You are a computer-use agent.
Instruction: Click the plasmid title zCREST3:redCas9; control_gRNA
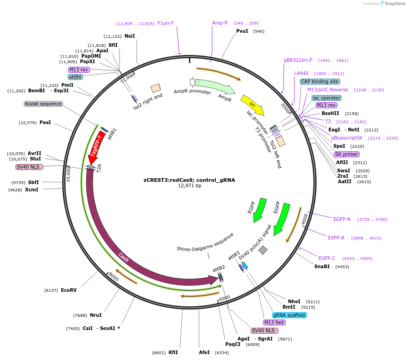point(189,180)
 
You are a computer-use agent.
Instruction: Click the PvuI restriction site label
point(242,31)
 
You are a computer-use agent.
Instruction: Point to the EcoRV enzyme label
point(69,290)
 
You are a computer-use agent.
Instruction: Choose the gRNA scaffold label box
point(289,315)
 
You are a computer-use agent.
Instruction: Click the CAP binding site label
point(319,81)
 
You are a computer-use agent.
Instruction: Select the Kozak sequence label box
point(43,104)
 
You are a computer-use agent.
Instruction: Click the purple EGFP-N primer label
point(342,219)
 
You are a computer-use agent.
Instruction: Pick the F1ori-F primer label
point(165,23)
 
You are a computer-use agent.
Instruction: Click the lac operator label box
point(326,98)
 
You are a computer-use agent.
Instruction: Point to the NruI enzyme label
point(95,315)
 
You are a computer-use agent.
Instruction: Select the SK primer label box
point(347,154)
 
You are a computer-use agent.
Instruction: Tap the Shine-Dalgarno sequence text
point(205,242)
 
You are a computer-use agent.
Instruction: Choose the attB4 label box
point(75,77)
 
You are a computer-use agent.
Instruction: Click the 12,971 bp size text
point(189,185)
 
